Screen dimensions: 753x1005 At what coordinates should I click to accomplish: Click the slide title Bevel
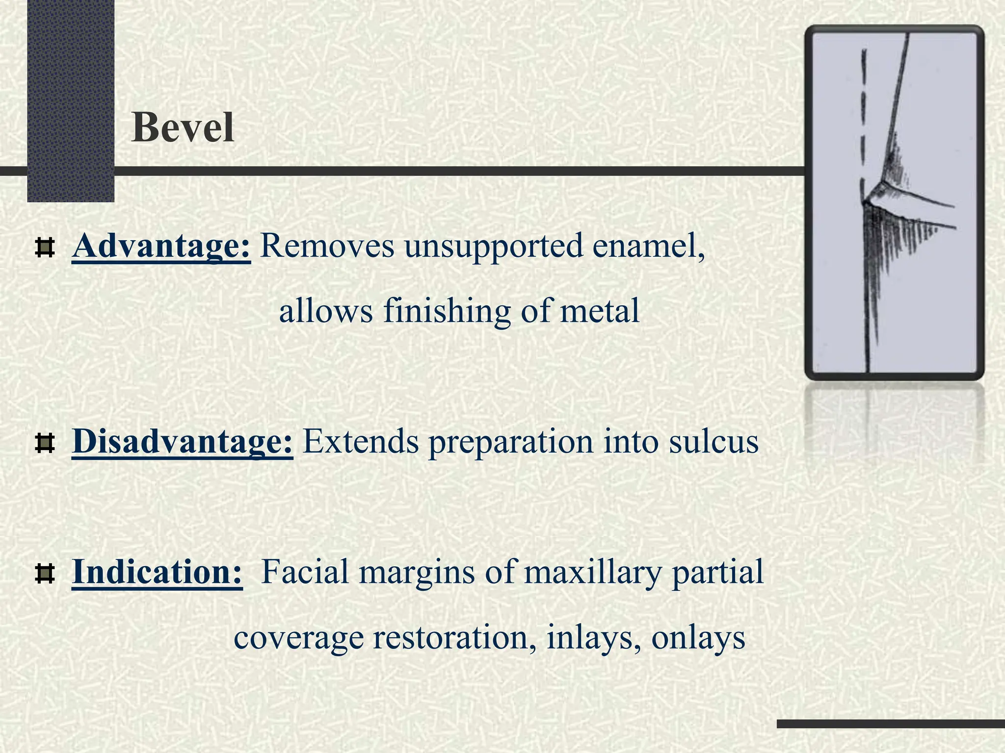point(183,127)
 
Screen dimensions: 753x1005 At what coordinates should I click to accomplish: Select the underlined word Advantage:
point(161,246)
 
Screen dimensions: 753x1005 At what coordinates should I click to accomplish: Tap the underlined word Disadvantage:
point(183,441)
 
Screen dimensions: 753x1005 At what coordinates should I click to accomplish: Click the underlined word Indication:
point(157,572)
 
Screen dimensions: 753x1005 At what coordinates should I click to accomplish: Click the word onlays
point(698,638)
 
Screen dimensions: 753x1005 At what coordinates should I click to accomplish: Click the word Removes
point(327,246)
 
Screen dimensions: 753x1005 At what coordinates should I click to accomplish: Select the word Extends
point(360,441)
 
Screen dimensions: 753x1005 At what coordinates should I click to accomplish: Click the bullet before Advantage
point(45,248)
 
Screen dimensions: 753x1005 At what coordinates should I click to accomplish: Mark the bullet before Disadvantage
point(45,444)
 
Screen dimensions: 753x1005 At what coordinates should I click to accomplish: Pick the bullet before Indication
point(45,574)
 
